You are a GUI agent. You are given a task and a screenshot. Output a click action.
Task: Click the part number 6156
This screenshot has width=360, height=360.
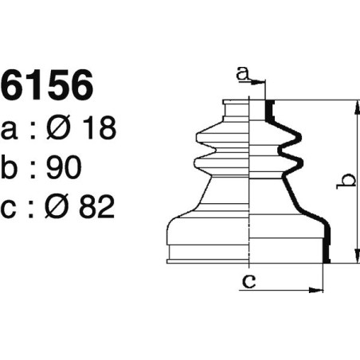[47, 87]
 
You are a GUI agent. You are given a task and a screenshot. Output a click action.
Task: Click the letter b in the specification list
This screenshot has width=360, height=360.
[12, 168]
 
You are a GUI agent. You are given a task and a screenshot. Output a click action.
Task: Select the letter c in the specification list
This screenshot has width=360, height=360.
[12, 208]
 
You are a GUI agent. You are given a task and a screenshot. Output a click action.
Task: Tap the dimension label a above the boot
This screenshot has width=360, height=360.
[242, 75]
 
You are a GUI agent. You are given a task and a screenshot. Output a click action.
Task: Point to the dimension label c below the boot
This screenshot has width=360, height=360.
[248, 280]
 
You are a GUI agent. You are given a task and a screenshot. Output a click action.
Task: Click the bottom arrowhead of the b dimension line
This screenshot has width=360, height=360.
[352, 257]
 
